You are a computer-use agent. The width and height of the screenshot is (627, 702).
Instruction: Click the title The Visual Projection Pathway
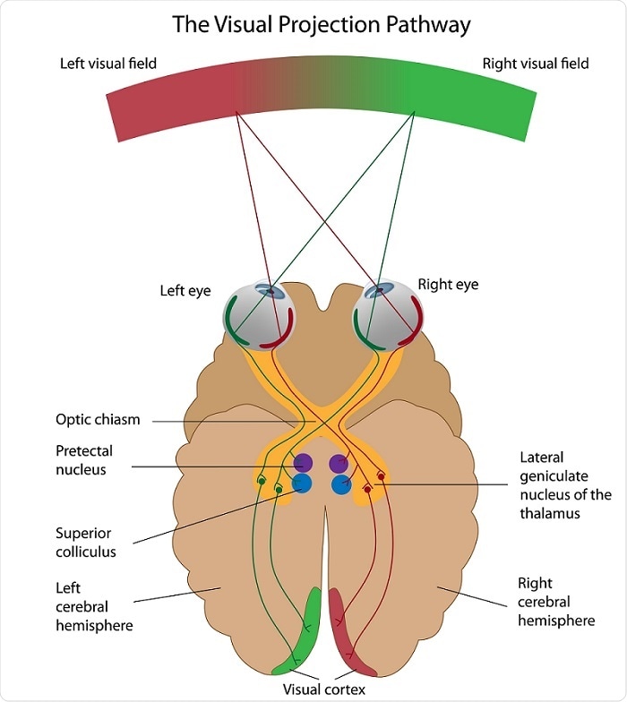(321, 24)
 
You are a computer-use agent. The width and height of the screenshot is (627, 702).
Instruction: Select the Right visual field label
(536, 64)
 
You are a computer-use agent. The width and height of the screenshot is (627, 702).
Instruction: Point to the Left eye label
(185, 292)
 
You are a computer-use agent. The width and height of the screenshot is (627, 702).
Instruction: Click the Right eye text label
(448, 285)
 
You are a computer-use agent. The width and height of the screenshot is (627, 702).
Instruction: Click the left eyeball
(260, 317)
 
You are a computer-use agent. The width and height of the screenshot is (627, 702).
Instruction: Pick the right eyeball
(384, 317)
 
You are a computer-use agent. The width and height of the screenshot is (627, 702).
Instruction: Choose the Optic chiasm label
(98, 419)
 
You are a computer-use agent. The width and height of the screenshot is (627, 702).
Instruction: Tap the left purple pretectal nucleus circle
(302, 464)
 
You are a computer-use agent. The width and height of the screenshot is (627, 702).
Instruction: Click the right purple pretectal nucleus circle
(339, 464)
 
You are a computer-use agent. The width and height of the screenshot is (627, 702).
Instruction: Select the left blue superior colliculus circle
(302, 484)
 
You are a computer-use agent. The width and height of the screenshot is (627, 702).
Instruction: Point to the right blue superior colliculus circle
(341, 484)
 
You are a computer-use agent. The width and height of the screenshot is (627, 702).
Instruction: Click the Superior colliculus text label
(86, 543)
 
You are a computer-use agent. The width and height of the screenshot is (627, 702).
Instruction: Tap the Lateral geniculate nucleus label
(565, 485)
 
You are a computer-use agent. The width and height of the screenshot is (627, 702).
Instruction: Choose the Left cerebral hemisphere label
(94, 606)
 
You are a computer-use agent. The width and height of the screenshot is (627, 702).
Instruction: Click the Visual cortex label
(323, 689)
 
